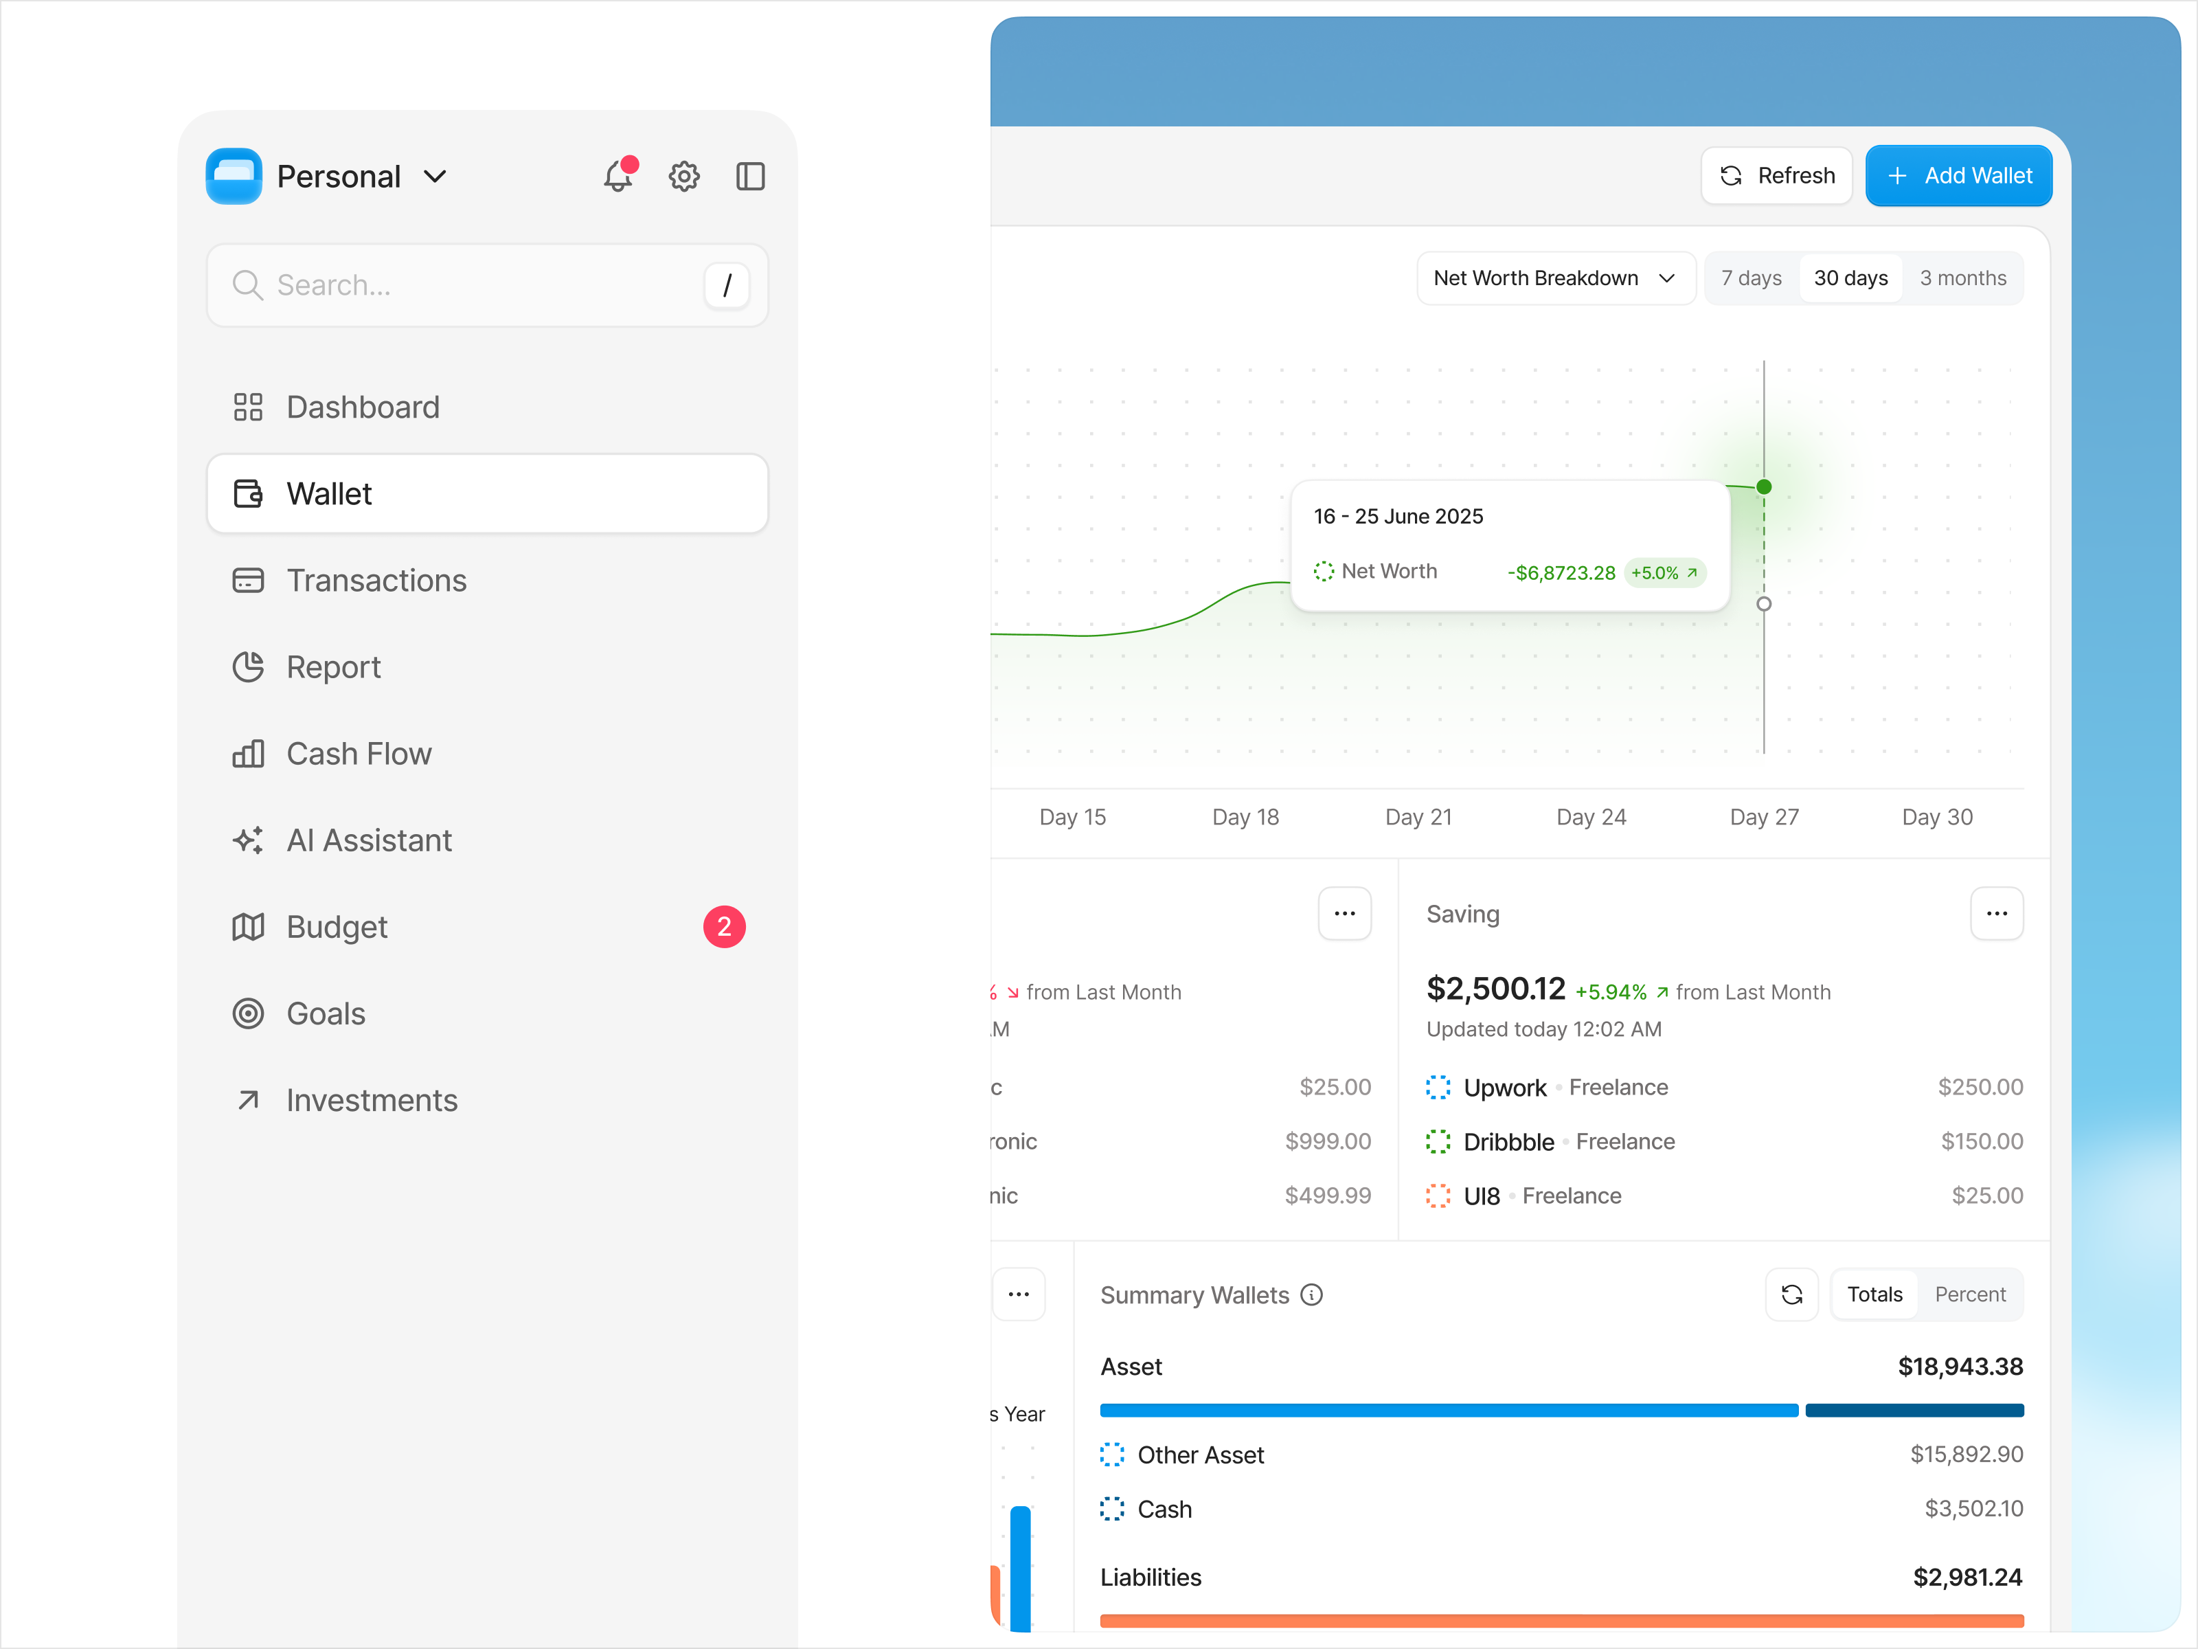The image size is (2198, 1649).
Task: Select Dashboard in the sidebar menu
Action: [363, 407]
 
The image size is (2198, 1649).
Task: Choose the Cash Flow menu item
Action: [359, 754]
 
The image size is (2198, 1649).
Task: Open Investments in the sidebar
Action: [372, 1100]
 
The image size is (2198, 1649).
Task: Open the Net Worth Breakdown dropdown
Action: [1554, 278]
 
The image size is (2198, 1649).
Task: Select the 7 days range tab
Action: [1751, 278]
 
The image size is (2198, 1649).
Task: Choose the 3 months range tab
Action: [1962, 278]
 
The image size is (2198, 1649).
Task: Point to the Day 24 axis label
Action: [1591, 817]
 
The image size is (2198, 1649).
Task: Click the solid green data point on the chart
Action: [1764, 487]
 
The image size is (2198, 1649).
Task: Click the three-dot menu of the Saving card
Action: [1996, 913]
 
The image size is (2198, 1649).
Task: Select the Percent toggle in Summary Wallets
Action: [1969, 1294]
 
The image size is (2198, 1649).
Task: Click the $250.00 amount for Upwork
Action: [1980, 1088]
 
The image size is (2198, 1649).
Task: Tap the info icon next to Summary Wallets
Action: [1312, 1294]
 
